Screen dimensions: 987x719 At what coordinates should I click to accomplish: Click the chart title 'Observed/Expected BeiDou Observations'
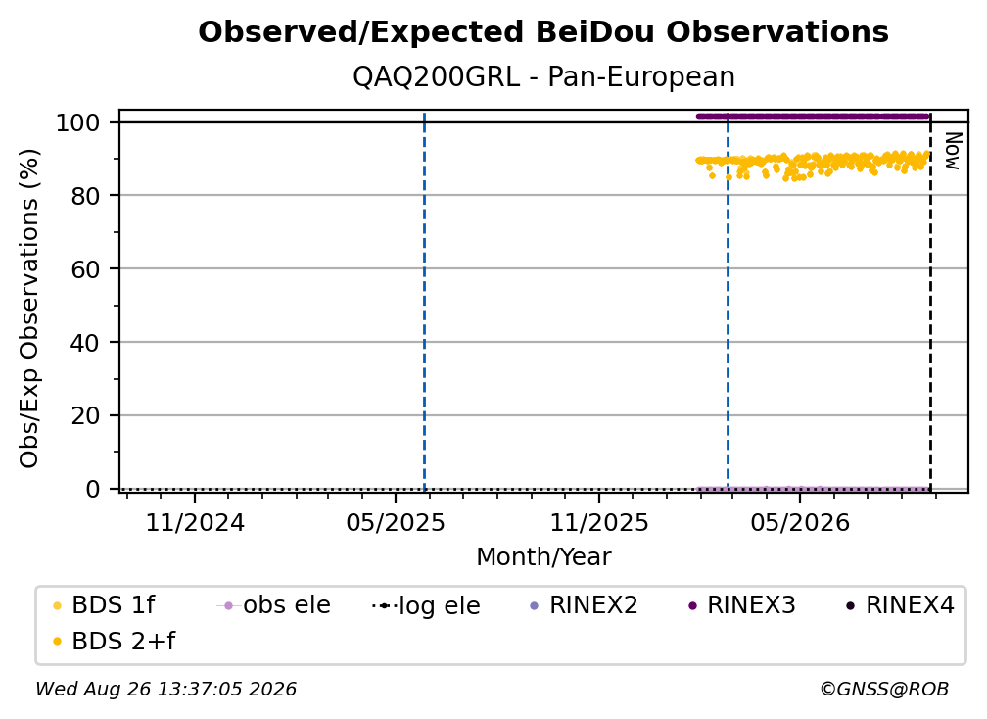543,32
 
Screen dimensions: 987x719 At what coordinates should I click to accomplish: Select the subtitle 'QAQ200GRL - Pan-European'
543,77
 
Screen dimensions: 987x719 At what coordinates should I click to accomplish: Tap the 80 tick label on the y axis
85,196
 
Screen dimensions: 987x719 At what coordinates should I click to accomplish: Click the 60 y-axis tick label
85,269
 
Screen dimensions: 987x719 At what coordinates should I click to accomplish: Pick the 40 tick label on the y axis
85,343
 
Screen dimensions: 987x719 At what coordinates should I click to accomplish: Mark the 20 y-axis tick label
85,416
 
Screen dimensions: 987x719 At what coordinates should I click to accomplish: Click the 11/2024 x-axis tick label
195,522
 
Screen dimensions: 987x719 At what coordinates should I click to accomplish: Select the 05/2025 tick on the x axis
396,522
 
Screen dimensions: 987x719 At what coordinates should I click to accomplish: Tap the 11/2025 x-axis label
599,522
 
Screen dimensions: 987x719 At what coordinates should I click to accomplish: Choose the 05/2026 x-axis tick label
799,522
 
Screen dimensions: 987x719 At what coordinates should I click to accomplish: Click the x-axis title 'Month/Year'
543,557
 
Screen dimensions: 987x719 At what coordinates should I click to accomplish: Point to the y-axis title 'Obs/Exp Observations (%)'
29,309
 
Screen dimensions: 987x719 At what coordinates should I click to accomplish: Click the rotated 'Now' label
953,151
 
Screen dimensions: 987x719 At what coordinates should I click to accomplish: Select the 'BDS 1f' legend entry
105,605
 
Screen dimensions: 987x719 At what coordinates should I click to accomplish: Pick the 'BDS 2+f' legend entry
114,642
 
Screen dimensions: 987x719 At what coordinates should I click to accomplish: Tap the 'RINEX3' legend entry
743,605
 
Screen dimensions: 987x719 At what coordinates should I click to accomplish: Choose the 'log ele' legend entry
427,606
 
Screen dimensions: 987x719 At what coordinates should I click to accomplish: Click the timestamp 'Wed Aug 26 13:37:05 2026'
165,689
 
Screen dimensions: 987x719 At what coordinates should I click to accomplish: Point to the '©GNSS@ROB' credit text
884,689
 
